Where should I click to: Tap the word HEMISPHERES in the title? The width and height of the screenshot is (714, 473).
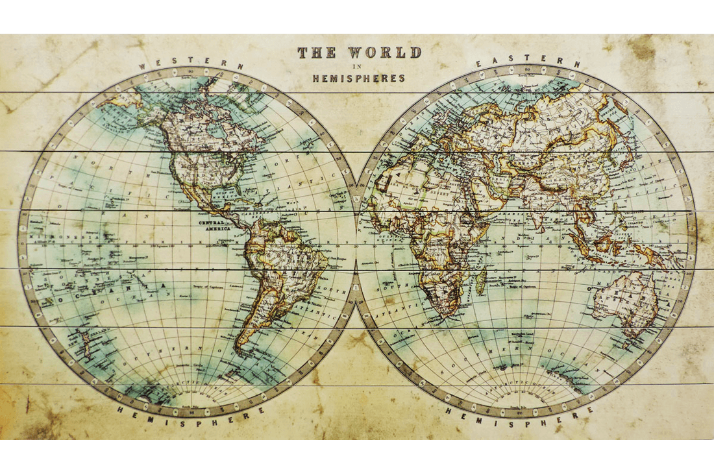click(358, 78)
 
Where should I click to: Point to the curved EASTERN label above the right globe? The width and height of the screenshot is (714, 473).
click(528, 62)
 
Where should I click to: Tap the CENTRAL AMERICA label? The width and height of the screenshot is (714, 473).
click(215, 224)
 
